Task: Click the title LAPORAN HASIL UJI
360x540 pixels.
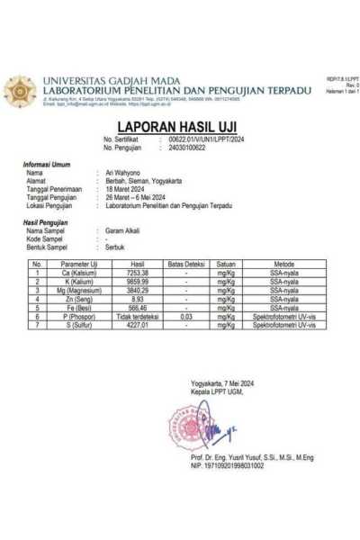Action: coord(180,127)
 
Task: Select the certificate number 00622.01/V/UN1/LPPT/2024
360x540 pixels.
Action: coord(206,139)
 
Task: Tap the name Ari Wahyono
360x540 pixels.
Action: coord(125,171)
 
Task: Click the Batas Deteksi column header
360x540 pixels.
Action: coord(185,264)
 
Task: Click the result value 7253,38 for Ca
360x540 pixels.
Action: coord(138,273)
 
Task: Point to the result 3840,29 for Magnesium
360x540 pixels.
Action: coord(138,291)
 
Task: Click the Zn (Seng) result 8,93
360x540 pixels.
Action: coord(138,300)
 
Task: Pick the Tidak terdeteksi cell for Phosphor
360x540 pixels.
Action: coord(138,317)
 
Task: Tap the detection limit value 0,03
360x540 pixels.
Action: coord(185,317)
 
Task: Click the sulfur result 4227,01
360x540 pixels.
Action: coord(138,326)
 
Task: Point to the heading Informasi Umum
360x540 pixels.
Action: coord(48,164)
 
